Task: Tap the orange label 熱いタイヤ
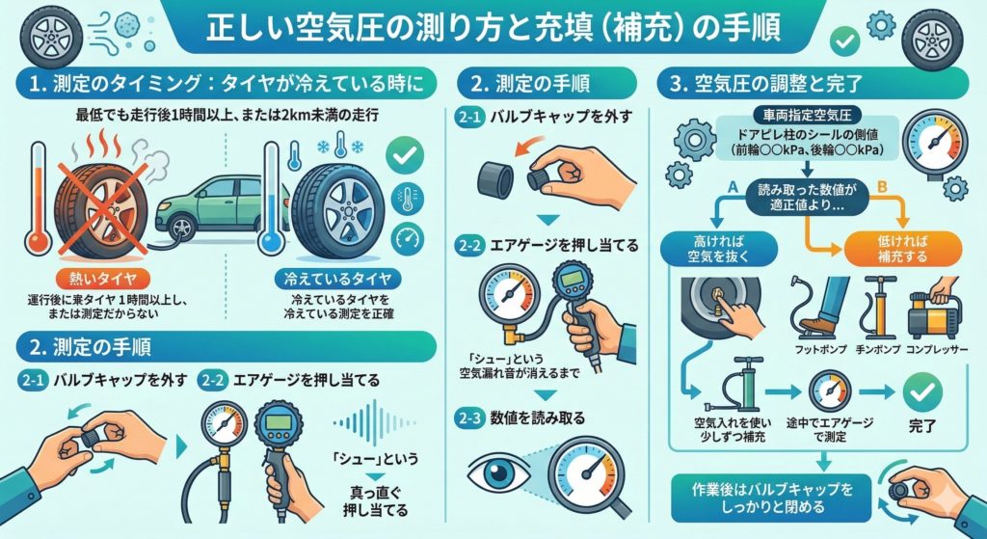[x=103, y=278]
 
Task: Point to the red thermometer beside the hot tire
[x=38, y=198]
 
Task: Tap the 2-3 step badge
[x=469, y=418]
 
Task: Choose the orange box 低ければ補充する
[x=902, y=249]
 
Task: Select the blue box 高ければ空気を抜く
[x=718, y=249]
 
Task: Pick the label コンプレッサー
[x=938, y=350]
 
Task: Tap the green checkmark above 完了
[x=922, y=391]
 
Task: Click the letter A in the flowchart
[x=732, y=186]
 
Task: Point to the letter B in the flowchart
[x=881, y=186]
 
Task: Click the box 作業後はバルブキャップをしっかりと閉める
[x=771, y=499]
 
